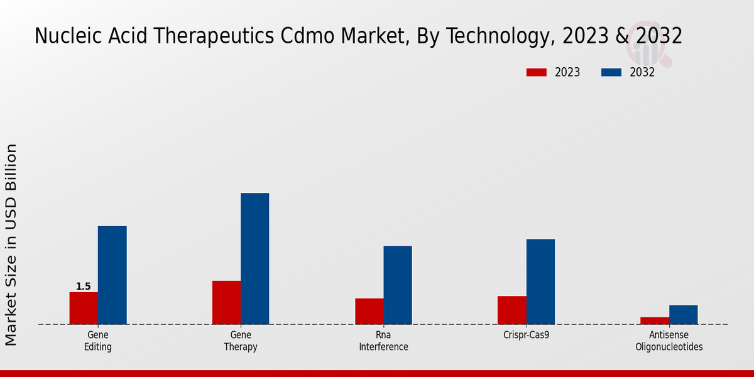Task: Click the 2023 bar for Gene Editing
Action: point(84,309)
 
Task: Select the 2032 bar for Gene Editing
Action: point(112,275)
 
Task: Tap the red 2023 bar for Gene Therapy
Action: point(226,303)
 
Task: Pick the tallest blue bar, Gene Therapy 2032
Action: point(254,259)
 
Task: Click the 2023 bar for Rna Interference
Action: point(369,312)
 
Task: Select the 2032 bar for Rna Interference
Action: point(398,285)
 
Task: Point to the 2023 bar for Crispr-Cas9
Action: point(511,310)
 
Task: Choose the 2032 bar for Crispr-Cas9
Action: point(540,282)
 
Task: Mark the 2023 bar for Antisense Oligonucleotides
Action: point(654,321)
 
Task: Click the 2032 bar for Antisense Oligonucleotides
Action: point(683,315)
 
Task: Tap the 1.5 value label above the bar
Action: point(84,287)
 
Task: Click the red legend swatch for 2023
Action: point(536,72)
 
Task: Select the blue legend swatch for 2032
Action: point(611,72)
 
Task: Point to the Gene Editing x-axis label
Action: point(98,341)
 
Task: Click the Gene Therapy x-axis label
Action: point(241,341)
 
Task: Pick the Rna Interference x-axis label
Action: point(383,341)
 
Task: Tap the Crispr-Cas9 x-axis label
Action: point(526,336)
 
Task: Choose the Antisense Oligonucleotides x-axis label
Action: point(669,341)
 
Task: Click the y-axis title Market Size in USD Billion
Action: point(11,244)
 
